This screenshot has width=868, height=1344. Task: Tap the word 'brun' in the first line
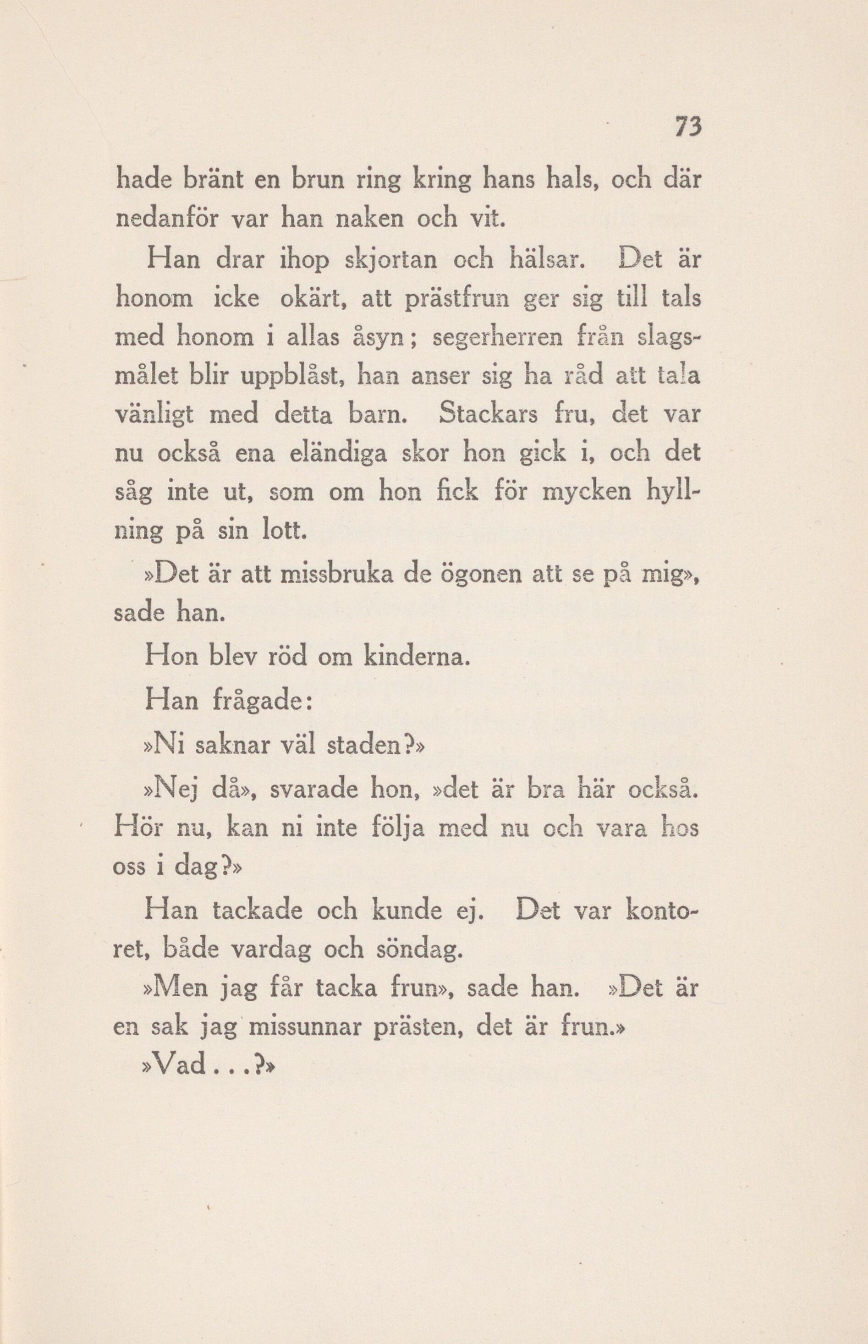(316, 181)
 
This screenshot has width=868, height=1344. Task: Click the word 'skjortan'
(380, 260)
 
